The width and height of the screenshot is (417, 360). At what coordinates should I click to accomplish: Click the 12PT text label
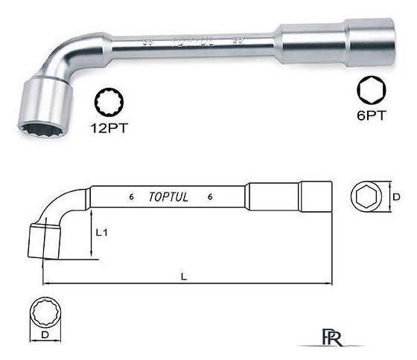coord(109,128)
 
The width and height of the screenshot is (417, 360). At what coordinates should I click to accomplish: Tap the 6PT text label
coord(371,115)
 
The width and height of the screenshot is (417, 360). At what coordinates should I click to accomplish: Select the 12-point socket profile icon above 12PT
coord(109,103)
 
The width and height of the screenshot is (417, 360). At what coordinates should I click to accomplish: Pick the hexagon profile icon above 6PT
coord(372,90)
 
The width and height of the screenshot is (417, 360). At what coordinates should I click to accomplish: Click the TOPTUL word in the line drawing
coord(168,197)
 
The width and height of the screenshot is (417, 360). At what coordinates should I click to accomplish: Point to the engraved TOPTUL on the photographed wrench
coord(193,42)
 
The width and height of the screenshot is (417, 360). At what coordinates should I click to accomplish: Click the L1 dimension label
coord(101,233)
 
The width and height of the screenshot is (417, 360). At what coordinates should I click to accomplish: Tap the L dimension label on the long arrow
coord(184,277)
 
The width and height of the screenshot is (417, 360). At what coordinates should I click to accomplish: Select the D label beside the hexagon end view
coord(396,197)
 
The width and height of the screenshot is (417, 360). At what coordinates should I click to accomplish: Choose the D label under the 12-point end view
coord(45,335)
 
